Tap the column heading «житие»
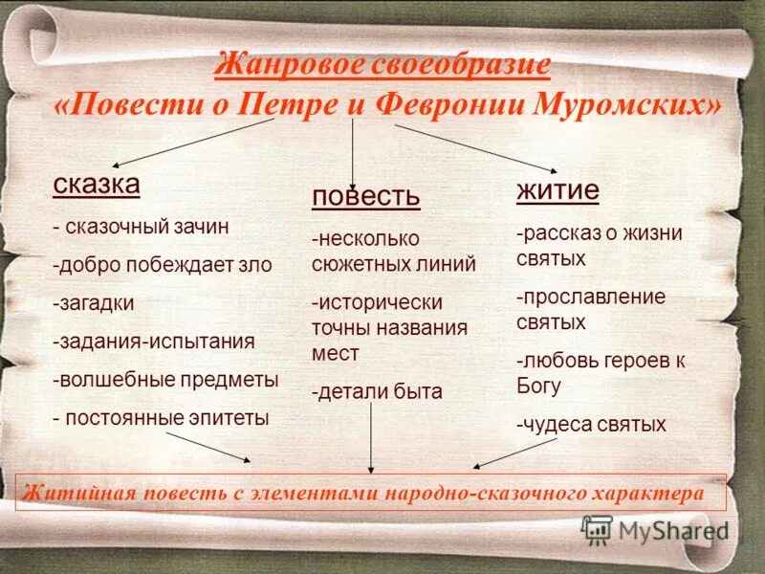557,189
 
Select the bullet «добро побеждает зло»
163,265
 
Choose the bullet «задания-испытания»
154,341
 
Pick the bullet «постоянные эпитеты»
162,417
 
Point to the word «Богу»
541,386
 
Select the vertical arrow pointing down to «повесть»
354,148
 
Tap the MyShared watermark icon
597,529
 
